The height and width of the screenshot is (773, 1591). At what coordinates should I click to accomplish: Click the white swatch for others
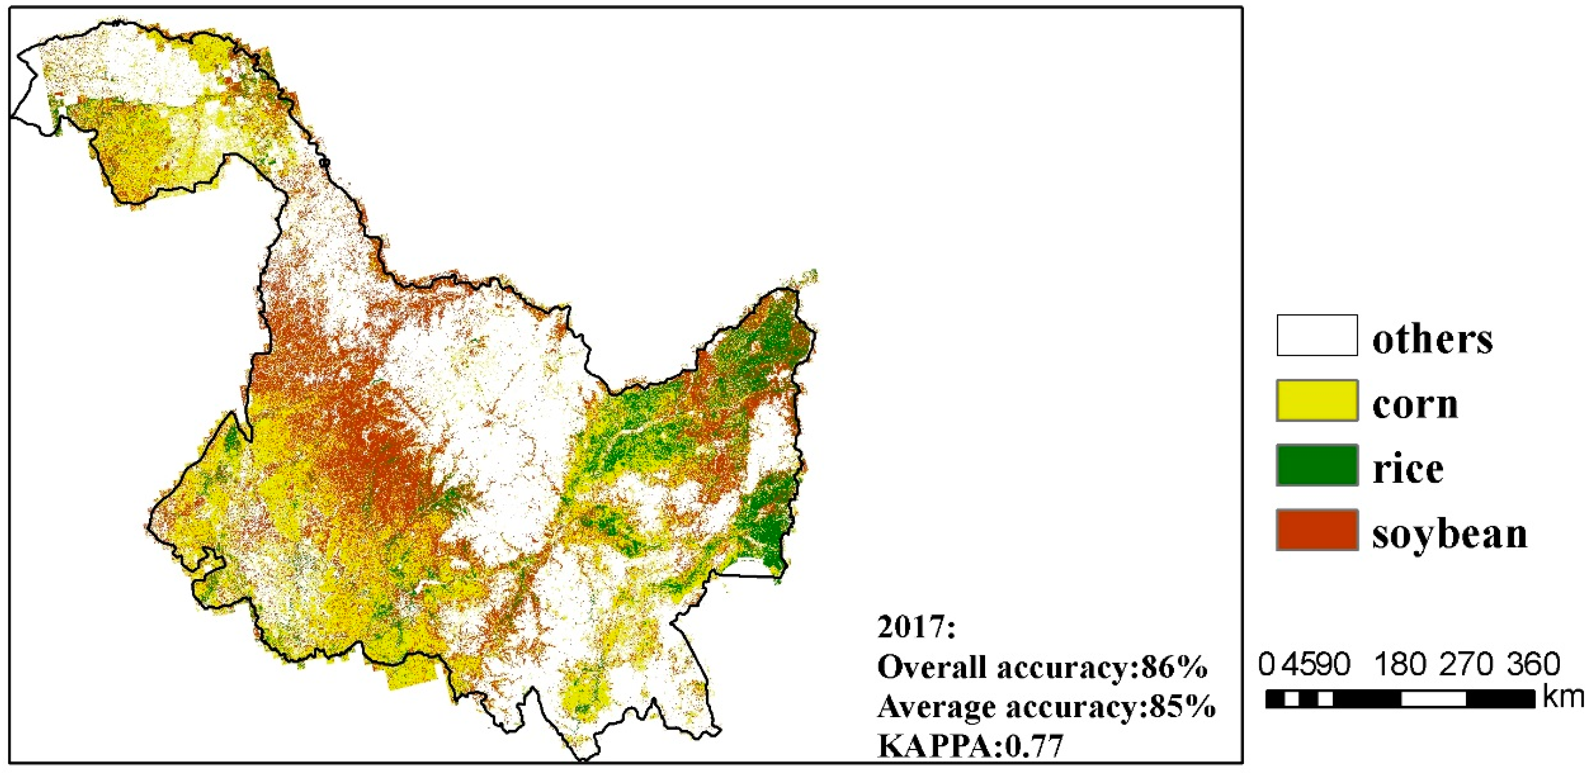(x=1317, y=335)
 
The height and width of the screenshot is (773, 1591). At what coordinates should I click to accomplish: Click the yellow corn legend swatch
(x=1317, y=401)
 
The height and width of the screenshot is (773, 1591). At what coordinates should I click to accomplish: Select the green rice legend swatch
(x=1317, y=465)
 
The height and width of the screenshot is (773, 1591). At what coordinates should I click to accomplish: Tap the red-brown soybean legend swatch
(x=1317, y=530)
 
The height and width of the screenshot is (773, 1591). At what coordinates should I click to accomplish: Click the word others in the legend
(x=1432, y=340)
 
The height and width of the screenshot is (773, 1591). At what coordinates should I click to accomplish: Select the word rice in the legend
(x=1408, y=469)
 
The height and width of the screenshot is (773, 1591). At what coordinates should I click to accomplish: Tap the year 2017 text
(x=916, y=628)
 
